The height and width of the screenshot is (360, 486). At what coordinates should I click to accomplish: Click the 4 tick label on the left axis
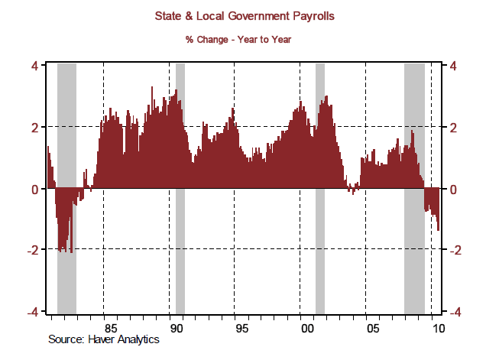34,66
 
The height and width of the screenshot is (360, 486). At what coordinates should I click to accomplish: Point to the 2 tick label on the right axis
454,127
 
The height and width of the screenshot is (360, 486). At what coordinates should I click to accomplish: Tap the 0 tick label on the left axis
34,189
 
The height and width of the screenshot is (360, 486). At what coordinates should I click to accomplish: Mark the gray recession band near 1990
180,252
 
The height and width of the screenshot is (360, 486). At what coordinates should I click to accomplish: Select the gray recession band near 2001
320,252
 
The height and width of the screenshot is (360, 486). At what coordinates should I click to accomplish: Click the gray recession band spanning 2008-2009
414,252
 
